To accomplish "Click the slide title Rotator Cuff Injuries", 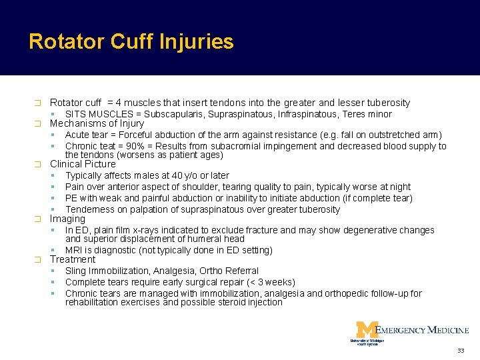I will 131,42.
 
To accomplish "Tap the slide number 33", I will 460,351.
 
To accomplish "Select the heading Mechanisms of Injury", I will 97,123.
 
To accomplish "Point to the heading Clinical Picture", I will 83,164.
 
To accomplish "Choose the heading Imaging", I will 67,219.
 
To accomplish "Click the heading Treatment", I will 73,259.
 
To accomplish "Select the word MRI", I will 75,250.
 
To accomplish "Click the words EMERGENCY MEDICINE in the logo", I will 422,329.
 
